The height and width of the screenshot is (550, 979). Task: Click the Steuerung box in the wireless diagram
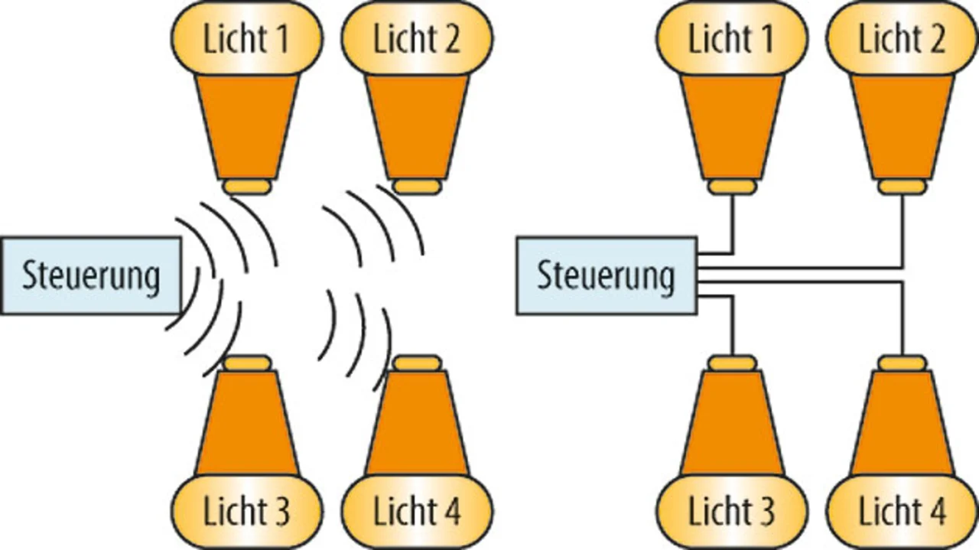tap(91, 275)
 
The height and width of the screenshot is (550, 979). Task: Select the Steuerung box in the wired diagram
tap(607, 275)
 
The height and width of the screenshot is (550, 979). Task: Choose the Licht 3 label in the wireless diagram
tap(246, 511)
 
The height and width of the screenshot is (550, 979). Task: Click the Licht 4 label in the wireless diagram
tap(417, 511)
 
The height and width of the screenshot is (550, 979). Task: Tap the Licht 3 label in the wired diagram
tap(731, 511)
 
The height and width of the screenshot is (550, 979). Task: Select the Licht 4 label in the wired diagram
tap(903, 511)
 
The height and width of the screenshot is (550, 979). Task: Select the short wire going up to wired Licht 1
tap(733, 226)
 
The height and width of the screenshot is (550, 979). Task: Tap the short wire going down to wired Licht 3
tap(733, 325)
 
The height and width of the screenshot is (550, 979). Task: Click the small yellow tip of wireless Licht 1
tap(246, 187)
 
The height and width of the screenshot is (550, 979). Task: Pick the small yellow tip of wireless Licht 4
tap(417, 363)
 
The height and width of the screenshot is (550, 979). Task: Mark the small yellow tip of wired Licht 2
tap(903, 187)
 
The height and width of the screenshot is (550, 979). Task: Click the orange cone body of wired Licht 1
tap(731, 122)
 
